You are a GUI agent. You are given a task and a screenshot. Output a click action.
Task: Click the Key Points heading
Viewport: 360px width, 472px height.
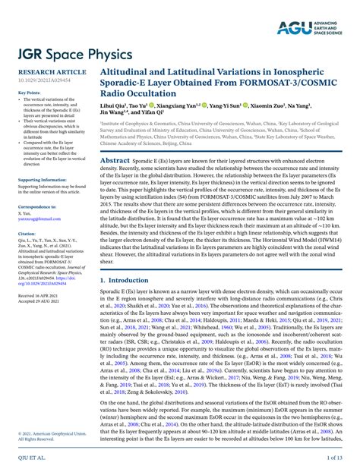[29, 92]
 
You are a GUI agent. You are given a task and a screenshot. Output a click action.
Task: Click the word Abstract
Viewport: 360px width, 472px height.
[115, 162]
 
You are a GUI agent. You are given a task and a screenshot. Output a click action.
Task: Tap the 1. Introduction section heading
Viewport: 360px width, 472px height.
[126, 280]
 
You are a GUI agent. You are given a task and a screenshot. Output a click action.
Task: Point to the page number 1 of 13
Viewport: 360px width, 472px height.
[336, 459]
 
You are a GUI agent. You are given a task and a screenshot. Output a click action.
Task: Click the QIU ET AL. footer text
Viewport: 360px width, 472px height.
[33, 459]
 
